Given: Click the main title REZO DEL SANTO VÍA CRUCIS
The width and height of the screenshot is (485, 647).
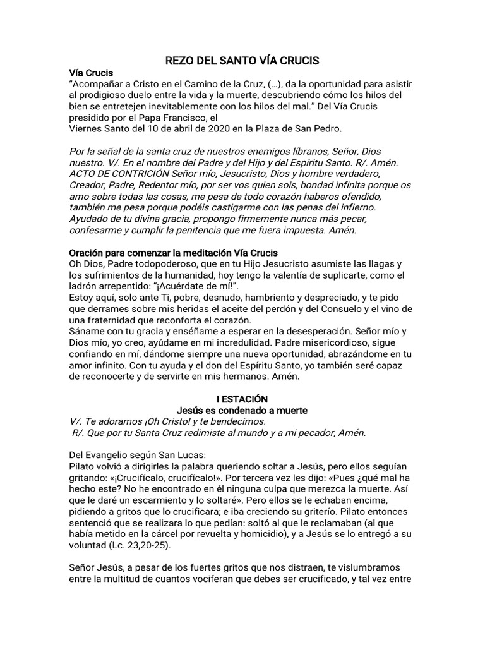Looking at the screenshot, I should click(x=242, y=61).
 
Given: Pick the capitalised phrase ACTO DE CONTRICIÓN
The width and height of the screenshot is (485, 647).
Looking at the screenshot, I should click(x=121, y=173).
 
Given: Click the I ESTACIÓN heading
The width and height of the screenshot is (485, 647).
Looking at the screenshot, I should click(x=242, y=399).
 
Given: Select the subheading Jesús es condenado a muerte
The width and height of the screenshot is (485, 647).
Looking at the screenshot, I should click(x=242, y=411).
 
